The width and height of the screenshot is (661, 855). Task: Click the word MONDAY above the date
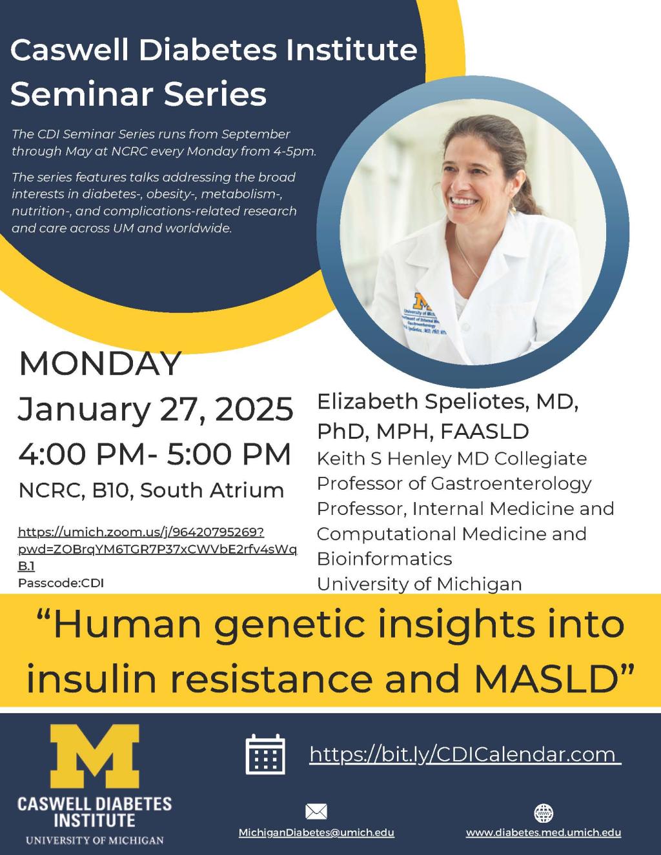pyautogui.click(x=100, y=364)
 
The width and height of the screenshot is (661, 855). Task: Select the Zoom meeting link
pyautogui.click(x=157, y=548)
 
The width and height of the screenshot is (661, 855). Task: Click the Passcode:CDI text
pyautogui.click(x=61, y=583)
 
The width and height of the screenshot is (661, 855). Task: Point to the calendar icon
pyautogui.click(x=265, y=754)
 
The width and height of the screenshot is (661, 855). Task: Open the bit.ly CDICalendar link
pyautogui.click(x=464, y=754)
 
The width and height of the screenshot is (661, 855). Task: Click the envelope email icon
pyautogui.click(x=316, y=812)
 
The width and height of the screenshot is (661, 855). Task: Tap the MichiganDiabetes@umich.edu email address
pyautogui.click(x=316, y=832)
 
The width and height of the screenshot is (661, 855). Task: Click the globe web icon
pyautogui.click(x=544, y=812)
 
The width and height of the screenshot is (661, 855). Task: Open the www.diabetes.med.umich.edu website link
pyautogui.click(x=544, y=832)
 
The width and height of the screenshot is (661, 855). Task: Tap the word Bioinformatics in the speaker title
pyautogui.click(x=384, y=559)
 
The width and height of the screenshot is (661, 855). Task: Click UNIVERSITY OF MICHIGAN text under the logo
pyautogui.click(x=94, y=840)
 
